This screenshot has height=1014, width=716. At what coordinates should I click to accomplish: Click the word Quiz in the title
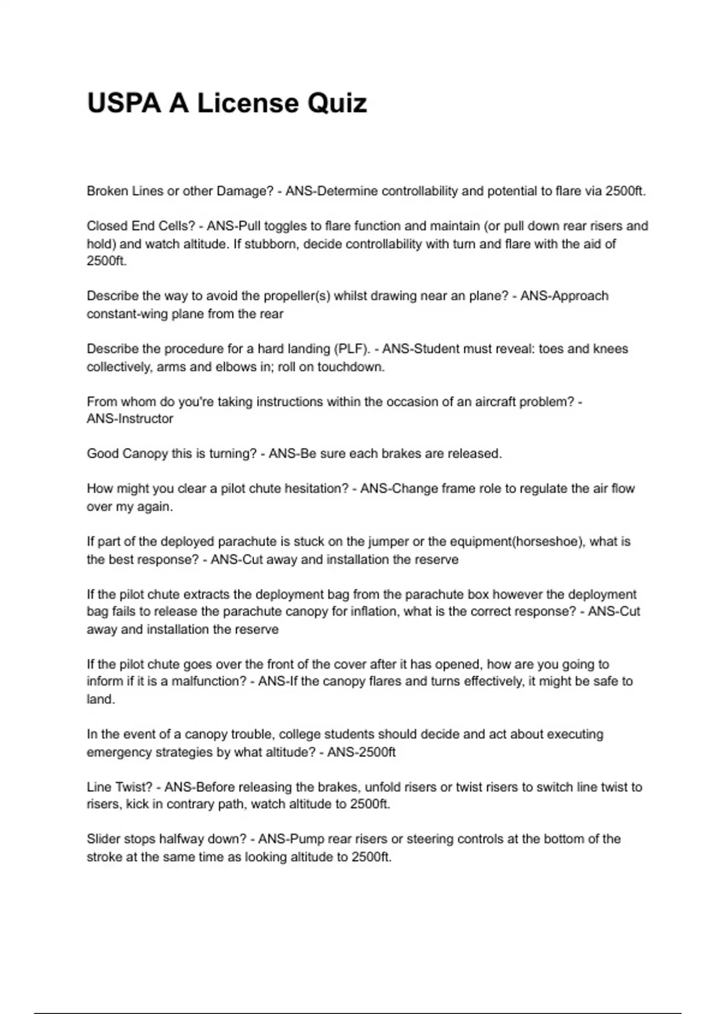point(337,103)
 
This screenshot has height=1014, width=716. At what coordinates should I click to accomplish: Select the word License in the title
point(248,103)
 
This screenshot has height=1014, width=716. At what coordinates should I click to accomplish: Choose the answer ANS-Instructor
point(130,419)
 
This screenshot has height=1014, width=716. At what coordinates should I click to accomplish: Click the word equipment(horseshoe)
point(517,542)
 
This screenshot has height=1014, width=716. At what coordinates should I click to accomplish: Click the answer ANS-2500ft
point(361,752)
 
